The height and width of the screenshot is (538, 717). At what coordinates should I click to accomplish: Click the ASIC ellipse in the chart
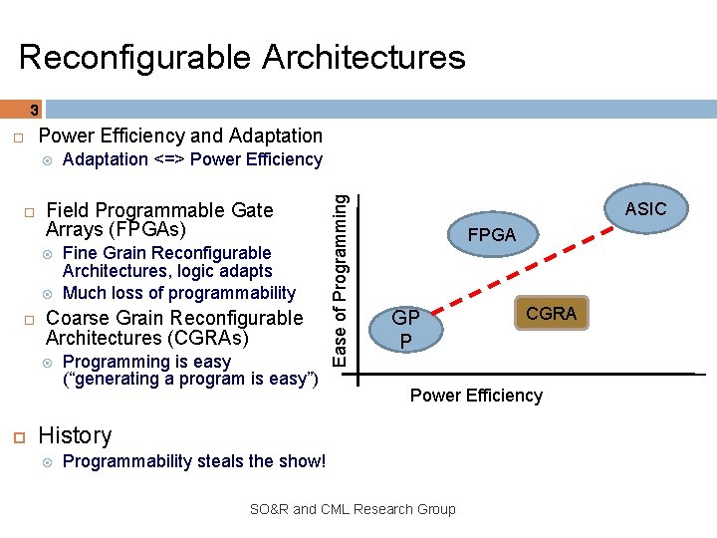(644, 209)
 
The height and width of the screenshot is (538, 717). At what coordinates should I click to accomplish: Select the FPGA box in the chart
(492, 235)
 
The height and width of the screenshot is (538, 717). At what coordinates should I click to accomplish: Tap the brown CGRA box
(551, 314)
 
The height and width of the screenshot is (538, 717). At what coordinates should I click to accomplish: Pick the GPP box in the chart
(404, 329)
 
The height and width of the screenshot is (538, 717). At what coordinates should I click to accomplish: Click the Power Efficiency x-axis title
(476, 396)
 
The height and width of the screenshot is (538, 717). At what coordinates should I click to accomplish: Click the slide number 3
(34, 111)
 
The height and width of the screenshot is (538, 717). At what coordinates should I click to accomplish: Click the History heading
(75, 435)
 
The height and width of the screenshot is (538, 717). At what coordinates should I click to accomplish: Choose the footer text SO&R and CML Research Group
(353, 509)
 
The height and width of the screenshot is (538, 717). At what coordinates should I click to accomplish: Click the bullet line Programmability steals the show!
(194, 460)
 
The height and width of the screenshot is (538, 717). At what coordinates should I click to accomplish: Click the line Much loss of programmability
(179, 293)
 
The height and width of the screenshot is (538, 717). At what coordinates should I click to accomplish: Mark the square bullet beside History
(18, 436)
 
